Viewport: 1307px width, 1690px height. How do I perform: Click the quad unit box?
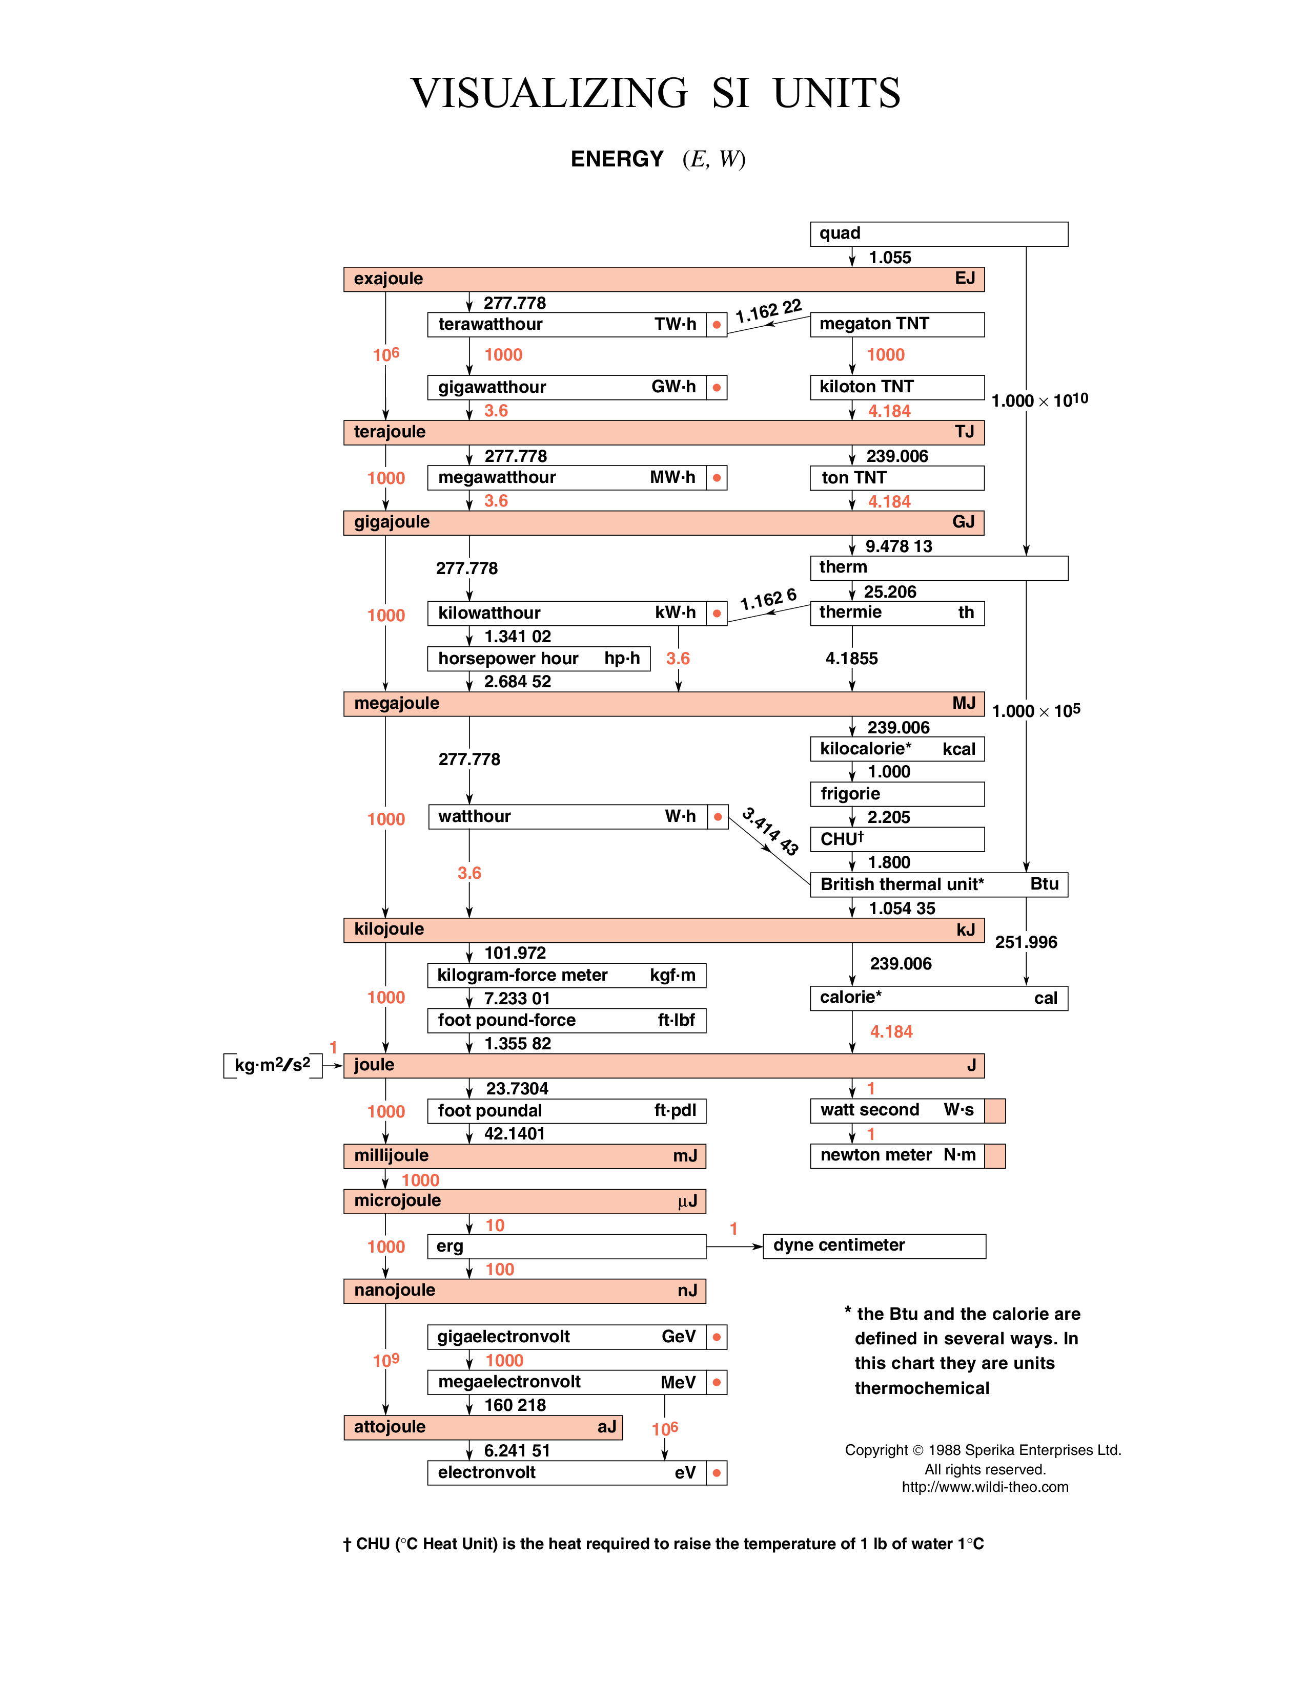click(938, 234)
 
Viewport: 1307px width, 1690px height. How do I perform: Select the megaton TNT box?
click(896, 324)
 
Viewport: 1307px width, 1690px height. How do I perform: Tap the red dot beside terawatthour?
click(717, 325)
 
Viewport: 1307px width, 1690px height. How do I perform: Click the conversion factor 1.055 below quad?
click(890, 258)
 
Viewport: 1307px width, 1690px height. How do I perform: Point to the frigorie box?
click(896, 794)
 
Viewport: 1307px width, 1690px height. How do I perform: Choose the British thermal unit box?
click(938, 884)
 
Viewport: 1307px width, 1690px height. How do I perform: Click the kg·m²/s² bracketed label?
click(273, 1066)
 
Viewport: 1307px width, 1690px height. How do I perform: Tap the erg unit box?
click(566, 1247)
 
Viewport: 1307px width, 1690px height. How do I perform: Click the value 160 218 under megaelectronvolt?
click(515, 1405)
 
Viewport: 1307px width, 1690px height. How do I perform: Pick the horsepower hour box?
click(538, 659)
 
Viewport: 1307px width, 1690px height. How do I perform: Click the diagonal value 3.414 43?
click(770, 831)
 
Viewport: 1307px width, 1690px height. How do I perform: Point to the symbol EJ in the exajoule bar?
click(965, 279)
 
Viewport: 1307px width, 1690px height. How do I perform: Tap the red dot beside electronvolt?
click(717, 1473)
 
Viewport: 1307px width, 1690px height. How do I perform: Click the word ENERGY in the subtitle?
click(617, 159)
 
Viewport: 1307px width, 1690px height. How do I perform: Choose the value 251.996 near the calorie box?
click(1026, 942)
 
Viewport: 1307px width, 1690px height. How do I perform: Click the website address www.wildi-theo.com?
click(985, 1487)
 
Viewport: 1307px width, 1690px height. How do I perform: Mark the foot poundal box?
click(566, 1111)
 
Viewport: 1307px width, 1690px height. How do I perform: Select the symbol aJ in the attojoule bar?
click(607, 1427)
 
